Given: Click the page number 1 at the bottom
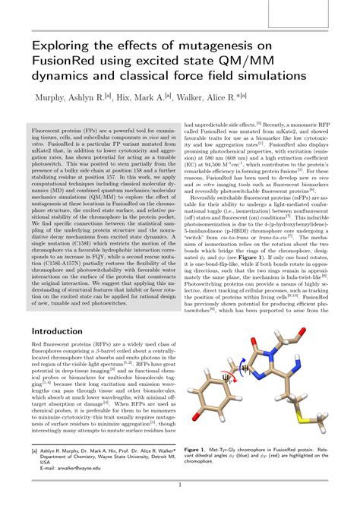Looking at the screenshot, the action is coord(180,485).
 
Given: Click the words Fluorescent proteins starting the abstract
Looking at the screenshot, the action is coord(62,131).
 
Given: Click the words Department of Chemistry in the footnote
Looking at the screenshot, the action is coord(70,455).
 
